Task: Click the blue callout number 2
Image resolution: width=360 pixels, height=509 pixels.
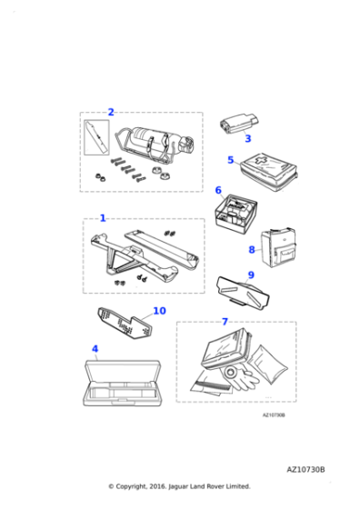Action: [x=111, y=112]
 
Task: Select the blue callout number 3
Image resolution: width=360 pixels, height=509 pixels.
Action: [x=247, y=138]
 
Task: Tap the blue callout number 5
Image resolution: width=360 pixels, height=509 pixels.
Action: [x=231, y=160]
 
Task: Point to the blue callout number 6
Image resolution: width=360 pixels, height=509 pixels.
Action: [x=218, y=190]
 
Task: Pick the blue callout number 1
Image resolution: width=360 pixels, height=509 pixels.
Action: [x=103, y=218]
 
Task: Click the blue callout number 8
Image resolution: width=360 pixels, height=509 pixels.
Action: [x=252, y=250]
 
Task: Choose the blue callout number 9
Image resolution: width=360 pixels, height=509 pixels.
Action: [x=251, y=274]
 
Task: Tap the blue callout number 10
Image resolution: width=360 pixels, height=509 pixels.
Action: [x=159, y=311]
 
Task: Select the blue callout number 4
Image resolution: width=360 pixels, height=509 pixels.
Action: [x=95, y=349]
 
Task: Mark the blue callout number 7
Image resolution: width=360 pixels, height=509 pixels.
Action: [x=225, y=322]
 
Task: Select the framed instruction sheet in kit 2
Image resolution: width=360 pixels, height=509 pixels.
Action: [x=96, y=137]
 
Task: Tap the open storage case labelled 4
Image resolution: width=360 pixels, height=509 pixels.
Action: [x=123, y=383]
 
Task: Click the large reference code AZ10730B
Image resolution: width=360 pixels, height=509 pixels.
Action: [x=305, y=470]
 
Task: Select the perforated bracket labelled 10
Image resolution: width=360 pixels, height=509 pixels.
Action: [x=125, y=323]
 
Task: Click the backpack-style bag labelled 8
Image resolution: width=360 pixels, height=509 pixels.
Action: [x=278, y=248]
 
